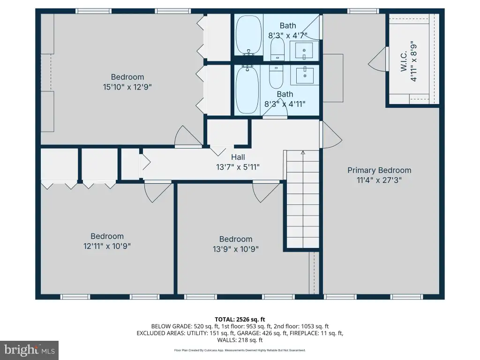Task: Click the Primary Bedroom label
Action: [379, 170]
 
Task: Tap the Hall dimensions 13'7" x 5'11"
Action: [238, 167]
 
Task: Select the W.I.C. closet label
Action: [404, 61]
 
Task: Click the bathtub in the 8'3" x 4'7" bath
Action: [249, 35]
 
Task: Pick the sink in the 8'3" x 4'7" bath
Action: [304, 51]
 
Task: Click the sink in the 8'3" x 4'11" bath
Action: [305, 75]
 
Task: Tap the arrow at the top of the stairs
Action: [303, 152]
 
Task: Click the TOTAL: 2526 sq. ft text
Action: [240, 320]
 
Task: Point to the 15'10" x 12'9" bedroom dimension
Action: [127, 87]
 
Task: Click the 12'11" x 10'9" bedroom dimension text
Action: [107, 246]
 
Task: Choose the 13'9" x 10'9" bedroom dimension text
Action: [236, 249]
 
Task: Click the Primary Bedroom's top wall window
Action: [363, 11]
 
